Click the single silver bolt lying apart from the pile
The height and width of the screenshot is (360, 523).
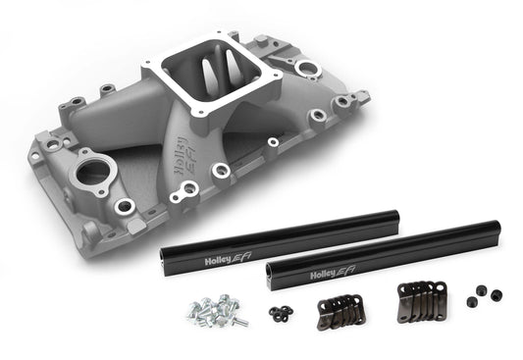(239, 320)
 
